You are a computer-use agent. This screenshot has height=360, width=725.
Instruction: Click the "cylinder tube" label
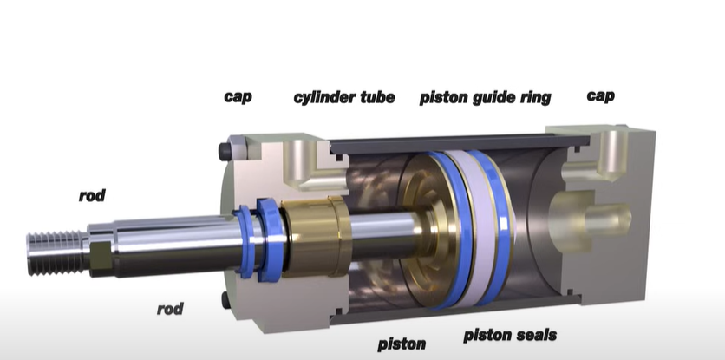pos(344,97)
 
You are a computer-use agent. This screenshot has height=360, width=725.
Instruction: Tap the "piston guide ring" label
pos(485,97)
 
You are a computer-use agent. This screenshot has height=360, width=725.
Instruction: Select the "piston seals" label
pos(510,335)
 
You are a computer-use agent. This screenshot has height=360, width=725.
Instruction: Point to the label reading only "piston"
pos(402,344)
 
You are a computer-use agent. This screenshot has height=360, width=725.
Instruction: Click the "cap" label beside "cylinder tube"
pos(238,96)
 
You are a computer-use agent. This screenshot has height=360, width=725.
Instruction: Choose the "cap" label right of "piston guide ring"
pos(601,95)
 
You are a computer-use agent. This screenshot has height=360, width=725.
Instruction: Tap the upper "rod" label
pos(91,196)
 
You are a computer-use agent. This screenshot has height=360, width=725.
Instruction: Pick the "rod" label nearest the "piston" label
pos(169,309)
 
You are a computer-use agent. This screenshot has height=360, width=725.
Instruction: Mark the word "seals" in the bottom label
pos(532,335)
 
